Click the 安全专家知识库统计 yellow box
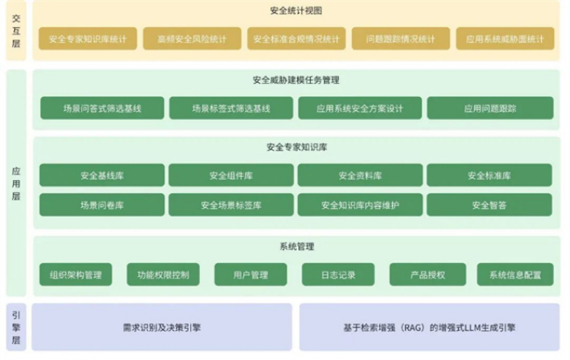point(88,39)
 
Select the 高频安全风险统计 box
point(192,39)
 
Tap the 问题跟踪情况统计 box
point(401,39)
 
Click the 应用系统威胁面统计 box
point(505,39)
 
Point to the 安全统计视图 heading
point(296,11)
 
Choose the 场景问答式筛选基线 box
point(102,108)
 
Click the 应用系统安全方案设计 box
point(360,108)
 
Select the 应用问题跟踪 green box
point(490,108)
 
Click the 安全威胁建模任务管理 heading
point(296,80)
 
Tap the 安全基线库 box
point(102,175)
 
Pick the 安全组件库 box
point(231,175)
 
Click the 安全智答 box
point(489,205)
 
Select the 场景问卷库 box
point(102,205)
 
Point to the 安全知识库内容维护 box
point(360,205)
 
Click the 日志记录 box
point(338,275)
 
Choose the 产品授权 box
point(428,275)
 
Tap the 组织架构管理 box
point(76,275)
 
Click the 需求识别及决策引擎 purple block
point(162,327)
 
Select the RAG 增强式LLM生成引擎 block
point(429,327)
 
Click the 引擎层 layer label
point(16,327)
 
